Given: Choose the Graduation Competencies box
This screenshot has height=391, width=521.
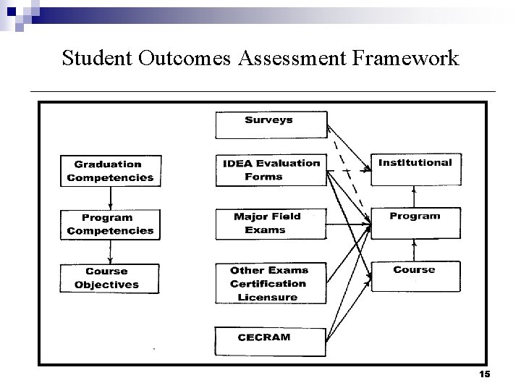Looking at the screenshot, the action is (110, 171).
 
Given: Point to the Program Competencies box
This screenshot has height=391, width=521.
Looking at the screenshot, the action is (110, 224).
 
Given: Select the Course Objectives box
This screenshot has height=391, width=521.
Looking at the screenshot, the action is (110, 279).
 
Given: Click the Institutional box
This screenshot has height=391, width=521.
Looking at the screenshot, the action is (415, 169).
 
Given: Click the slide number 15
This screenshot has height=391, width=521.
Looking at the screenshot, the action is (485, 374).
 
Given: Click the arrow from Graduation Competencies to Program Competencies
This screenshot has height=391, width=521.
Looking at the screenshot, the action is (109, 198).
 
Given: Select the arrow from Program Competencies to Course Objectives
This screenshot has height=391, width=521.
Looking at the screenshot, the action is (109, 252).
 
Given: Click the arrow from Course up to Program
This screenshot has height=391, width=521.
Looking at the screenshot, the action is (414, 249).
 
